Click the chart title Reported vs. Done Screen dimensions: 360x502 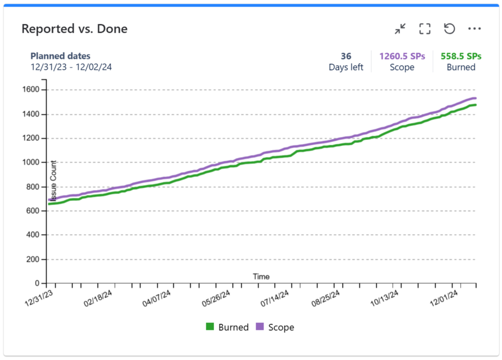[74, 29]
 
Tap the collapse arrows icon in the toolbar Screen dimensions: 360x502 [400, 29]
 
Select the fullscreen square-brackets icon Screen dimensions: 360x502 [425, 29]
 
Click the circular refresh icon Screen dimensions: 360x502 [449, 29]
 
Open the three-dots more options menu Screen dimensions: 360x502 [474, 29]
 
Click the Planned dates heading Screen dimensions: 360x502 [60, 56]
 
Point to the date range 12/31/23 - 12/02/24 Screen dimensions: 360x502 [71, 67]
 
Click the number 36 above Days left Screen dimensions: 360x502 [346, 56]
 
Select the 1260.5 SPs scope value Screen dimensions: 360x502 [402, 56]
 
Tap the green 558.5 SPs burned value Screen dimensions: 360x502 [461, 56]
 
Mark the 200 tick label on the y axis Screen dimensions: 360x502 [33, 259]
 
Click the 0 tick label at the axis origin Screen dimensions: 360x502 [37, 284]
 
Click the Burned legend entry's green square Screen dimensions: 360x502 [210, 327]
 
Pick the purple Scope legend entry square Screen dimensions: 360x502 [260, 327]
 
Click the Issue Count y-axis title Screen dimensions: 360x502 [54, 181]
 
